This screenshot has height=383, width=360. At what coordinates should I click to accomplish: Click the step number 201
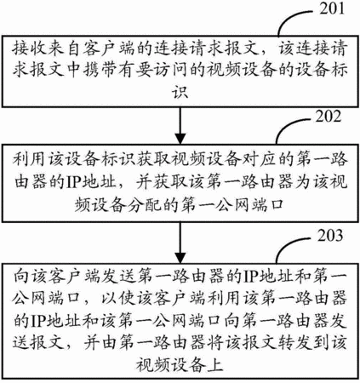tap(332, 9)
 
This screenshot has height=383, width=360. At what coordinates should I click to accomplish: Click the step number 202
tap(329, 117)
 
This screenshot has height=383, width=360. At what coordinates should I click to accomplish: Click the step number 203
tap(330, 236)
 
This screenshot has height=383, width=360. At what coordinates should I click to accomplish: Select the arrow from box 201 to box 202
tap(180, 125)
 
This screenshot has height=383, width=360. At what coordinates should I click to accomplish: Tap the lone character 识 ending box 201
tap(180, 91)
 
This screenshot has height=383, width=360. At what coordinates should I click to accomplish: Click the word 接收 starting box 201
tap(30, 49)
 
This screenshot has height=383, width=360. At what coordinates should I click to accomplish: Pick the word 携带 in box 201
tap(100, 70)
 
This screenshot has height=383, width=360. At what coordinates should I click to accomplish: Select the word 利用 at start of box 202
tap(30, 158)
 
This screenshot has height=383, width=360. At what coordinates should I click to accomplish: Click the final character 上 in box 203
tap(214, 364)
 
